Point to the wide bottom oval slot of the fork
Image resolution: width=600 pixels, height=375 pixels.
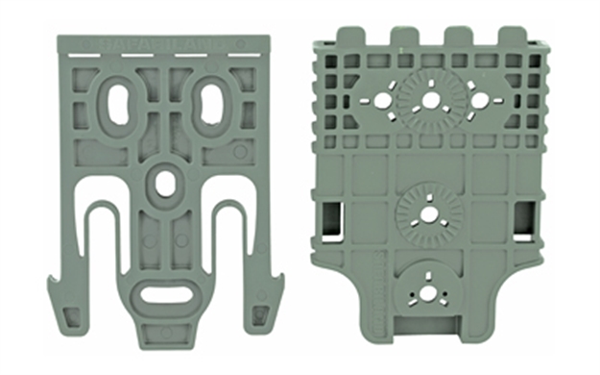165,292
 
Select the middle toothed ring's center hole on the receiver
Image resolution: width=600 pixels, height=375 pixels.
429,212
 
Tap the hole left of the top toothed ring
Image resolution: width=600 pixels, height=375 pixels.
382,100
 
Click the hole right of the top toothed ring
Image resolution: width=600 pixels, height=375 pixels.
478,100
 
